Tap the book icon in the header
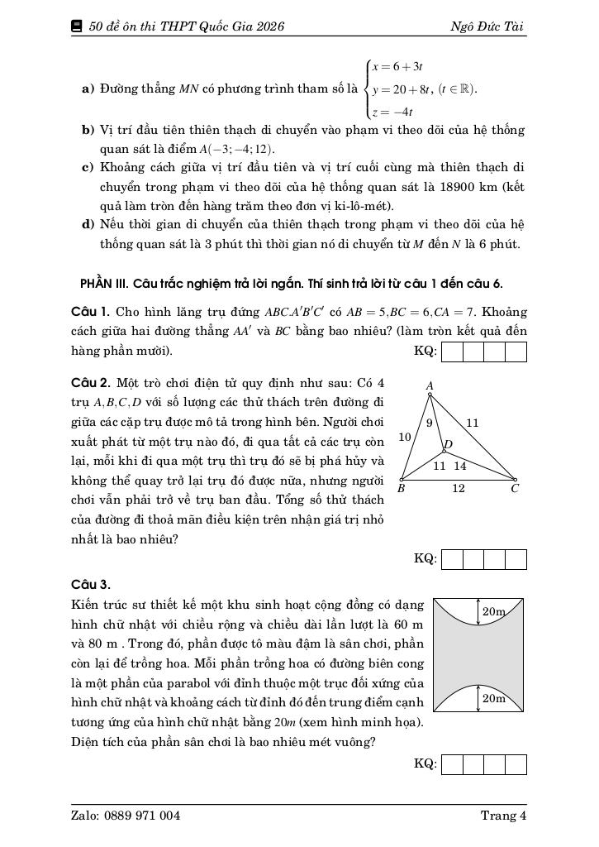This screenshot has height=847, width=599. pyautogui.click(x=78, y=26)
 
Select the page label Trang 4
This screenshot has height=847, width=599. pyautogui.click(x=503, y=816)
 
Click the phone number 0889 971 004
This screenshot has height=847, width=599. pyautogui.click(x=142, y=816)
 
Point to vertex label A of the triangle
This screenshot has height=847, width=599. pyautogui.click(x=430, y=385)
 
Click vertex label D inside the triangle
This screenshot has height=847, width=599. pyautogui.click(x=449, y=445)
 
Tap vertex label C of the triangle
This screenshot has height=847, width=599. pyautogui.click(x=514, y=488)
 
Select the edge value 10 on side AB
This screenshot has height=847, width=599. pyautogui.click(x=405, y=436)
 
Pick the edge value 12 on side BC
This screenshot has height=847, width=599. pyautogui.click(x=458, y=489)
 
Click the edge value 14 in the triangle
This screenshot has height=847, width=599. pyautogui.click(x=459, y=466)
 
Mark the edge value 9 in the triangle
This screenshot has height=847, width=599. pyautogui.click(x=430, y=423)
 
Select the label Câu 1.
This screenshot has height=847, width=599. pyautogui.click(x=91, y=312)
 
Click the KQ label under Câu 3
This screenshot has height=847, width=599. pyautogui.click(x=425, y=763)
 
